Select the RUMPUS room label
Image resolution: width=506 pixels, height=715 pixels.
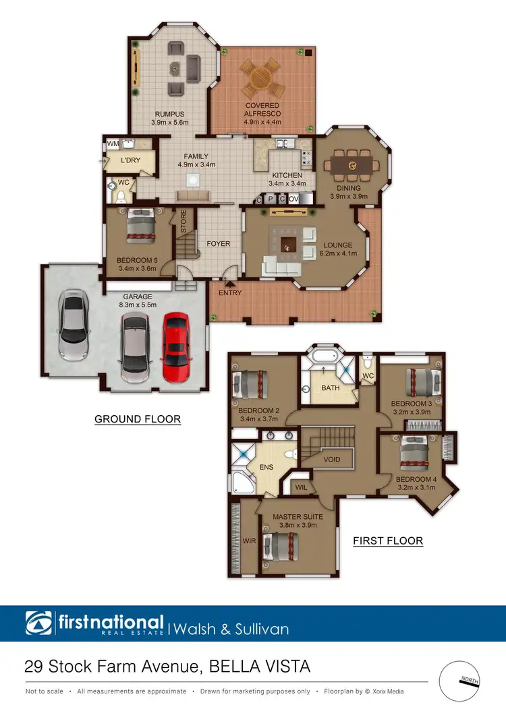tap(169, 114)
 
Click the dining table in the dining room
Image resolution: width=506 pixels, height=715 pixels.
tap(352, 165)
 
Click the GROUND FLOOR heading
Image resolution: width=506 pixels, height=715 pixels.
tap(138, 419)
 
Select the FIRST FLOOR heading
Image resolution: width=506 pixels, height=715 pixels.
tap(388, 540)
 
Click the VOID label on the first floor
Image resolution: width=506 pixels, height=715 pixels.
tap(332, 460)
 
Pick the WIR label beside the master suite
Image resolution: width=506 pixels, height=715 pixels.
tap(249, 540)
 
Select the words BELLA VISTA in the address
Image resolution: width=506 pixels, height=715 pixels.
tap(260, 667)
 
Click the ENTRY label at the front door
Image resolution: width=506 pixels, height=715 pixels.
tap(231, 293)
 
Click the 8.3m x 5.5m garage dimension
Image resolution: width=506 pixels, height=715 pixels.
tap(138, 305)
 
